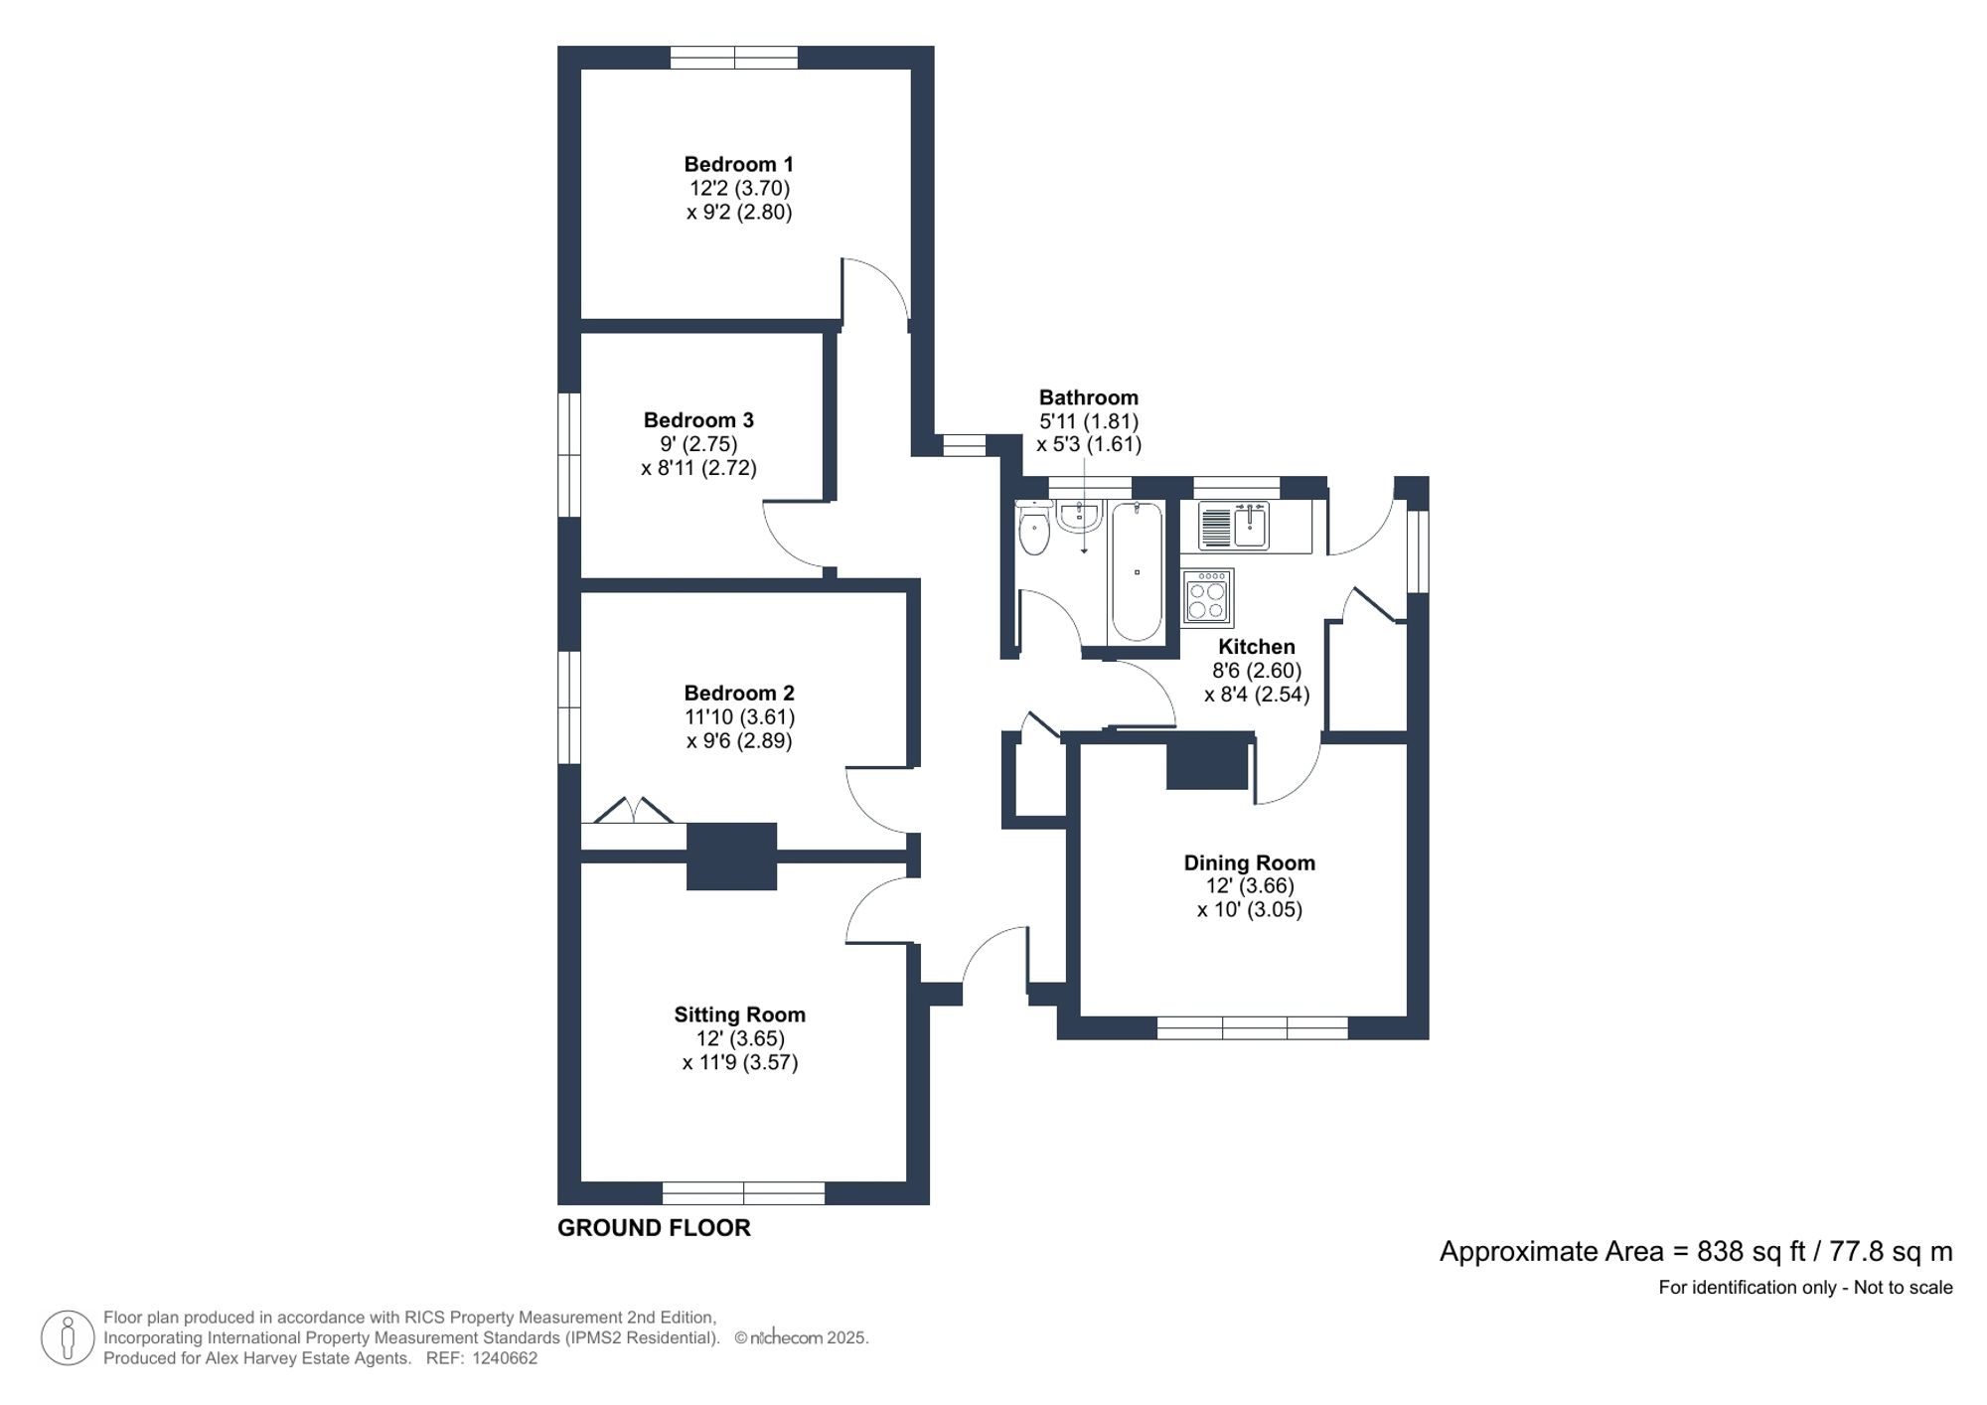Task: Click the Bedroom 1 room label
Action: tap(738, 164)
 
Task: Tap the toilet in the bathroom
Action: tap(1034, 530)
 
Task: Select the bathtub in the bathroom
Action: tap(1136, 572)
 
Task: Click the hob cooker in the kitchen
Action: tap(1207, 597)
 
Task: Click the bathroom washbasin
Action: tap(1079, 516)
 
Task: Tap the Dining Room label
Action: tap(1249, 862)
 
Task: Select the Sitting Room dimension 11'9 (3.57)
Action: tap(740, 1062)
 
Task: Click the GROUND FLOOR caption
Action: tap(654, 1228)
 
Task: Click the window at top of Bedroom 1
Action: tap(733, 58)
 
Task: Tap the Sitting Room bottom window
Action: tap(743, 1192)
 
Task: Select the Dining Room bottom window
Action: tap(1252, 1027)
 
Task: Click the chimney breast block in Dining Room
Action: tap(1206, 763)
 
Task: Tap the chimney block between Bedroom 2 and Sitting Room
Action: tap(731, 856)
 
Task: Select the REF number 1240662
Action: tap(505, 1358)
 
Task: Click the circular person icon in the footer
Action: tap(68, 1337)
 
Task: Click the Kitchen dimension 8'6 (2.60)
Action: tap(1256, 671)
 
